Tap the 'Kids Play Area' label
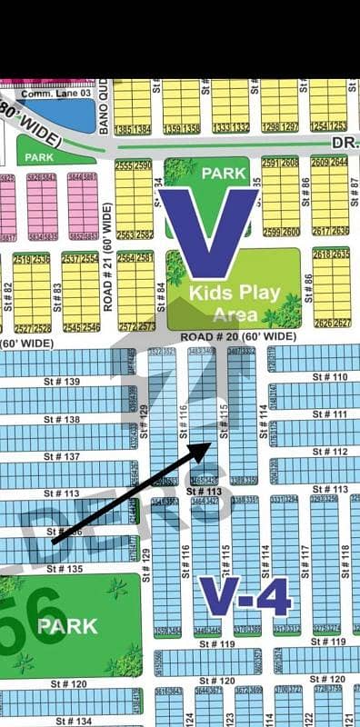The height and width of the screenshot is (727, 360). click(x=235, y=303)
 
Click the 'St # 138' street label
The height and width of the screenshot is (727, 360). click(x=61, y=419)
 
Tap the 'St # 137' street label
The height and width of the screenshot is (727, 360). click(x=61, y=457)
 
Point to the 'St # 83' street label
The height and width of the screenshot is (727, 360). click(x=57, y=293)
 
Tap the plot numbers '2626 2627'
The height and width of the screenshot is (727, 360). click(x=331, y=323)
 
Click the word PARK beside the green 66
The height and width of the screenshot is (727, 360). click(x=62, y=626)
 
